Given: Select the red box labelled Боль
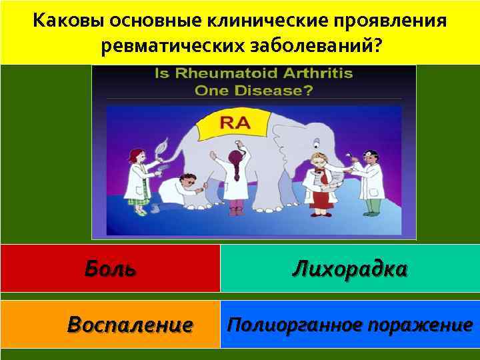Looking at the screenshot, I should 110,268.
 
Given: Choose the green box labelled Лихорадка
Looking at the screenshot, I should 349,268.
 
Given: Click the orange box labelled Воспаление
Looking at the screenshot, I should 110,324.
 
